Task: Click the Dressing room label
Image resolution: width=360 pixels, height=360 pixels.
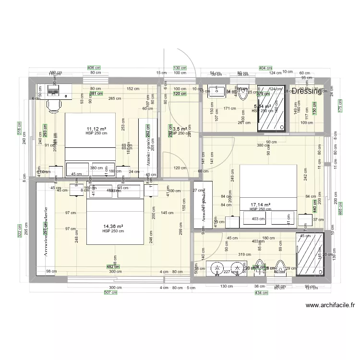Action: (306, 91)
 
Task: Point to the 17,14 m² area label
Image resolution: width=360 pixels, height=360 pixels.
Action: (260, 205)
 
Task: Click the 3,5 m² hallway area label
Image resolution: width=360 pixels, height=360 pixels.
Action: (180, 129)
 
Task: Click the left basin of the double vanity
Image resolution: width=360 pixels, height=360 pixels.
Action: (217, 270)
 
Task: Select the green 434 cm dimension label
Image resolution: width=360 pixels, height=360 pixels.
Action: (261, 292)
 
